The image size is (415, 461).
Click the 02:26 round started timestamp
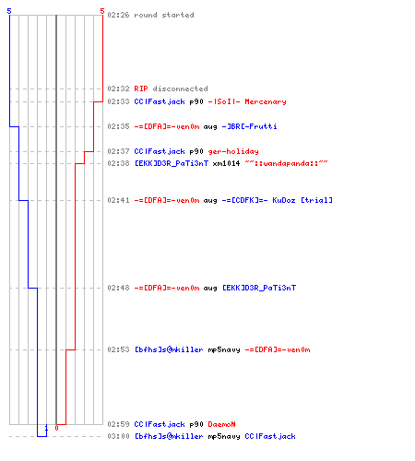pyautogui.click(x=118, y=15)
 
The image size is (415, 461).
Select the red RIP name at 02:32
pyautogui.click(x=141, y=89)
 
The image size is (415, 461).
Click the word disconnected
pyautogui.click(x=180, y=89)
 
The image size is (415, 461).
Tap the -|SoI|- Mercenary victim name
pyautogui.click(x=247, y=101)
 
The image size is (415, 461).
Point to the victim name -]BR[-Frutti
pyautogui.click(x=249, y=126)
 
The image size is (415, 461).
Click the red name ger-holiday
pyautogui.click(x=233, y=151)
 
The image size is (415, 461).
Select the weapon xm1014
pyautogui.click(x=226, y=163)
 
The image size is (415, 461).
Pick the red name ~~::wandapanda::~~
pyautogui.click(x=286, y=163)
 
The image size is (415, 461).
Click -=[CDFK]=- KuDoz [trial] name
pyautogui.click(x=277, y=200)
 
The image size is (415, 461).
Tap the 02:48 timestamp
pyautogui.click(x=118, y=288)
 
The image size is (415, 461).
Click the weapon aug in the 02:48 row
pyautogui.click(x=210, y=289)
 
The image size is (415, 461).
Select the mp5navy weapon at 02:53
pyautogui.click(x=224, y=350)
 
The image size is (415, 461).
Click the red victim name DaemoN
pyautogui.click(x=221, y=424)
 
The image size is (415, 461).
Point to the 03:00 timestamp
pyautogui.click(x=118, y=436)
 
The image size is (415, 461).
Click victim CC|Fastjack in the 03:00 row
pyautogui.click(x=270, y=436)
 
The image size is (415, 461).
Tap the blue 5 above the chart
pyautogui.click(x=9, y=11)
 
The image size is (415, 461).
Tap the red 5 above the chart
pyautogui.click(x=102, y=11)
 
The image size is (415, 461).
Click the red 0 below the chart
pyautogui.click(x=56, y=428)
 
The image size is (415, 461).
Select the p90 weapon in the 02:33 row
pyautogui.click(x=196, y=102)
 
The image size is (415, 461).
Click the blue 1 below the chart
pyautogui.click(x=46, y=428)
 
